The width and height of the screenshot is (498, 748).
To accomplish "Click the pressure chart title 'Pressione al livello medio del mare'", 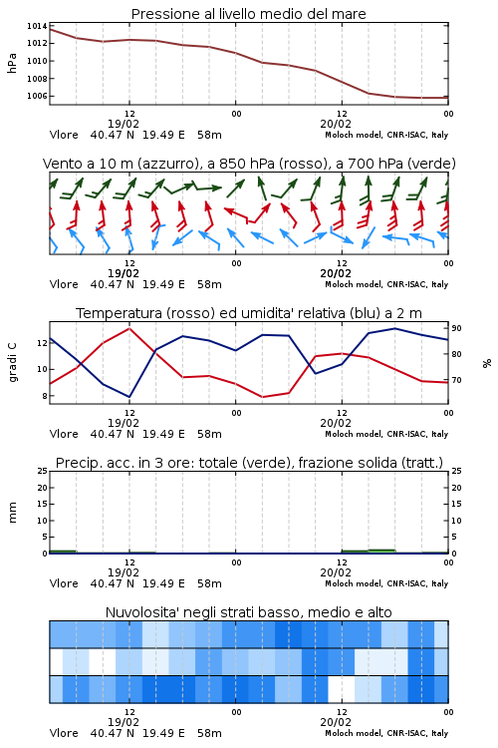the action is [x=248, y=14].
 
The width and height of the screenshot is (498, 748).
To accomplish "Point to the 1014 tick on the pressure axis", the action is [x=37, y=26].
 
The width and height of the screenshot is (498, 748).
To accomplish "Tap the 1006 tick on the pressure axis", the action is [x=37, y=96].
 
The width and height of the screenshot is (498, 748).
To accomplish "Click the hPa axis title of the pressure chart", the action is [x=12, y=64].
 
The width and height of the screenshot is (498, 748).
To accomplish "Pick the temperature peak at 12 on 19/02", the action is [x=129, y=329].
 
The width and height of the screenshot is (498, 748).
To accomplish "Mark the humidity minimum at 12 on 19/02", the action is [x=129, y=396].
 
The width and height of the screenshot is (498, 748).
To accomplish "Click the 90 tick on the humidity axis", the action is [x=456, y=328].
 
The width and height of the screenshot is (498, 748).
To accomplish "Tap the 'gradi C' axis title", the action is [x=12, y=362].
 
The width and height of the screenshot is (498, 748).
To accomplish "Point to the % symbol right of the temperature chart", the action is [x=487, y=363].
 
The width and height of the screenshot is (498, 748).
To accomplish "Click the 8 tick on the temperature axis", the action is [x=44, y=396].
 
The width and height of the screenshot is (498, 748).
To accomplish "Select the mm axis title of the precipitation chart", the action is [x=12, y=513].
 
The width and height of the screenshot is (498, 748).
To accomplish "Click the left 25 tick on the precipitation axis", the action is [x=43, y=471].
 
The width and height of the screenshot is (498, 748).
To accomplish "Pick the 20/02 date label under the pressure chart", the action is [x=336, y=124].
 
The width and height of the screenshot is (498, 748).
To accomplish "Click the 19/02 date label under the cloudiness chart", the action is [x=124, y=722].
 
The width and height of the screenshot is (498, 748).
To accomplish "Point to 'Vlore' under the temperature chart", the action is [x=64, y=434].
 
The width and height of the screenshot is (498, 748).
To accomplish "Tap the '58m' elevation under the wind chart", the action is [x=210, y=284].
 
